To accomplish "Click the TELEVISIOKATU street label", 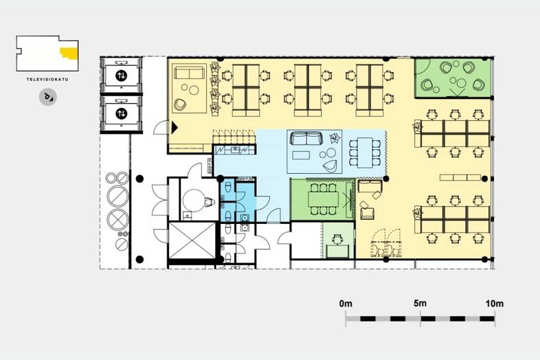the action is pyautogui.click(x=47, y=79).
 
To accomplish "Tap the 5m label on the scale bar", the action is pyautogui.click(x=420, y=303).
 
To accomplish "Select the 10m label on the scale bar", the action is pyautogui.click(x=495, y=304).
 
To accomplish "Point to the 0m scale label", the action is pyautogui.click(x=346, y=304).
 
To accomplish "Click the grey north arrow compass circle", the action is pyautogui.click(x=48, y=97).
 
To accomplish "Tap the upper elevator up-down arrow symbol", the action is pyautogui.click(x=121, y=76).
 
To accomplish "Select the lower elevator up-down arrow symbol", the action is pyautogui.click(x=121, y=113).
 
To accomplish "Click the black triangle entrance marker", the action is pyautogui.click(x=175, y=128).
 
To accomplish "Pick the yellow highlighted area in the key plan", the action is pyautogui.click(x=69, y=54).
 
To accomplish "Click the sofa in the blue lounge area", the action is pyautogui.click(x=306, y=138).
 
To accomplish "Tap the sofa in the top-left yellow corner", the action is pyautogui.click(x=189, y=73).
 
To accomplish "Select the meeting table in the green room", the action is pyautogui.click(x=324, y=199).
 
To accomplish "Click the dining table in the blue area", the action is pyautogui.click(x=365, y=153).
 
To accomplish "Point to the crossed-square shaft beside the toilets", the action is pyautogui.click(x=192, y=240).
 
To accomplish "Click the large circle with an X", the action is pyautogui.click(x=117, y=218).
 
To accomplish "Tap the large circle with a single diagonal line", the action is pyautogui.click(x=117, y=196).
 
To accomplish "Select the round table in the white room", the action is pyautogui.click(x=194, y=201).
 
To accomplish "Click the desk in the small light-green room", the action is pyautogui.click(x=337, y=251).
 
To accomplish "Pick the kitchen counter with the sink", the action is pyautogui.click(x=234, y=150).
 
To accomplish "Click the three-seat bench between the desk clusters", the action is pyautogui.click(x=460, y=177).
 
